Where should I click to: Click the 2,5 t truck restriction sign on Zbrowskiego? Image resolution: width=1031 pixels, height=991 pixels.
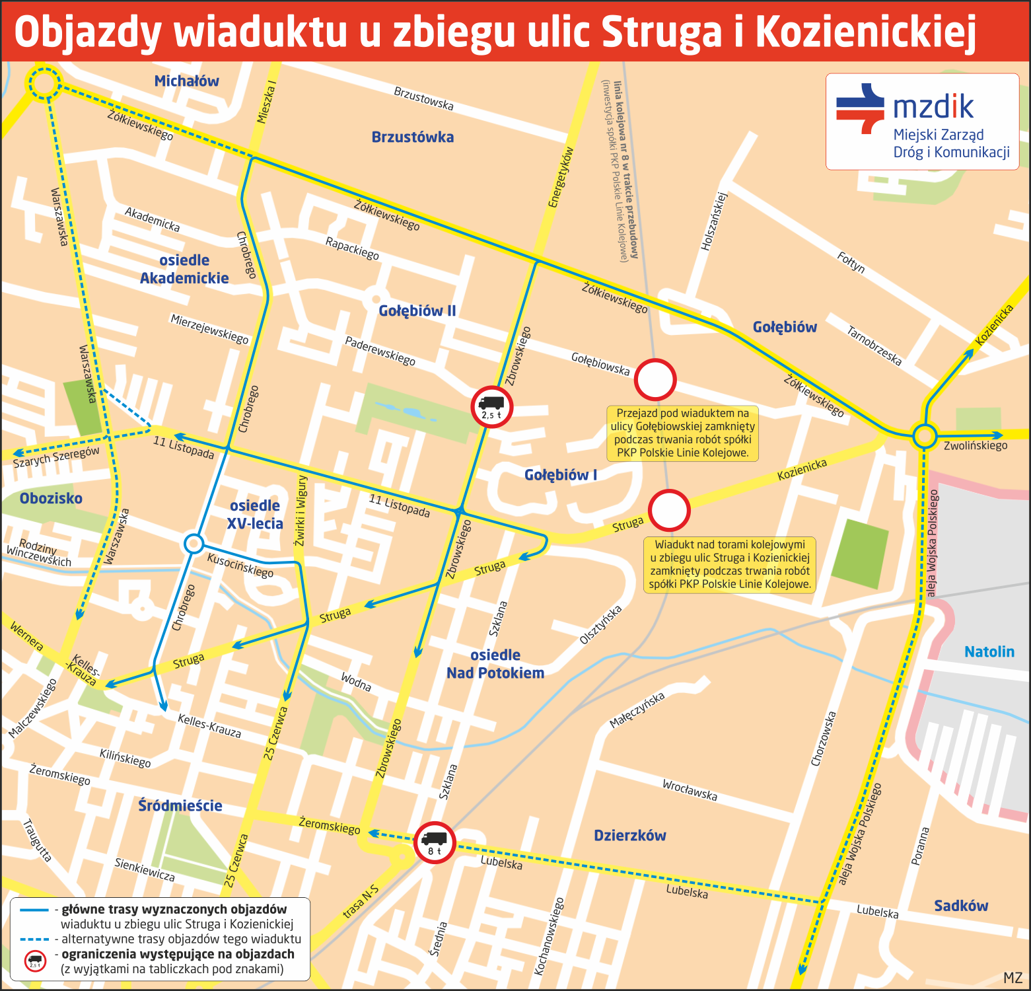tap(491, 407)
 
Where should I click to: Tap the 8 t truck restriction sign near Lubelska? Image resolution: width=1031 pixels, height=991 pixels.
tap(435, 843)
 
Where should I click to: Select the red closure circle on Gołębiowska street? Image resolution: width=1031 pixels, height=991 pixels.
tap(655, 380)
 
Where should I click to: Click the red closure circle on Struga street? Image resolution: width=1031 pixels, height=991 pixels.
tap(669, 511)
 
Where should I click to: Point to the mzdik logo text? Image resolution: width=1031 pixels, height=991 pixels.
tap(933, 106)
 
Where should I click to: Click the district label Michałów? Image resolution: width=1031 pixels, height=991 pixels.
tap(186, 81)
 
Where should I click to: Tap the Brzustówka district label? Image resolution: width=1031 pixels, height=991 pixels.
tap(413, 137)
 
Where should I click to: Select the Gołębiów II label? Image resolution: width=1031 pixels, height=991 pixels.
tap(417, 311)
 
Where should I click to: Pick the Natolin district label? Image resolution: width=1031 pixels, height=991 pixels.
tap(989, 652)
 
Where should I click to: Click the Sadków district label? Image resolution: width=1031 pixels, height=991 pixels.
tap(961, 906)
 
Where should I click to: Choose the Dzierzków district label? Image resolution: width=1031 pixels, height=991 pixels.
tap(630, 836)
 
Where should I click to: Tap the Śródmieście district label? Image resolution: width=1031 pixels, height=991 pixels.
tap(180, 806)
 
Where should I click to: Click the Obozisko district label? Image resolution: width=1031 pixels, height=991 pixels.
tap(51, 499)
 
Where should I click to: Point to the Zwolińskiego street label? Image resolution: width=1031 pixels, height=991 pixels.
tap(976, 446)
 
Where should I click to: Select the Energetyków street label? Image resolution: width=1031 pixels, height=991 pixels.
tap(561, 177)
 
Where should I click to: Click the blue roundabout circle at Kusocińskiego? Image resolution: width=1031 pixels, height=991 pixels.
tap(194, 544)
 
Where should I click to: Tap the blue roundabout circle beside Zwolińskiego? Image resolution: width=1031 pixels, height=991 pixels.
tap(925, 436)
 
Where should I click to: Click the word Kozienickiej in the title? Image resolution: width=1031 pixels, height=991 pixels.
tap(865, 32)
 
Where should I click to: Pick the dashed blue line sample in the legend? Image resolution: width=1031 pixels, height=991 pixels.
tap(34, 939)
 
